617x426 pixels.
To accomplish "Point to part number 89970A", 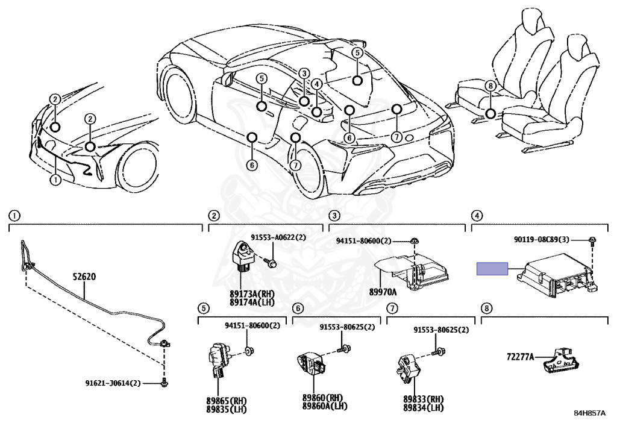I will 383,292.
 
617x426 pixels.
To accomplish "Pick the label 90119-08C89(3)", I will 550,239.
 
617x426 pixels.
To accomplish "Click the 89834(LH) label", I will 424,408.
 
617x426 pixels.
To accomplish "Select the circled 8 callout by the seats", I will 490,86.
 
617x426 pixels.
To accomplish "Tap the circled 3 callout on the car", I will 304,74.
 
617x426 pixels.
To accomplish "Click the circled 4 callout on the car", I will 317,84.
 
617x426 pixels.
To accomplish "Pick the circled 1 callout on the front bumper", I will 55,179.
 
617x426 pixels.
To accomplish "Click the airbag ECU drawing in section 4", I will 557,275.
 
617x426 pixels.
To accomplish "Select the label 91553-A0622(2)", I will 278,238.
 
